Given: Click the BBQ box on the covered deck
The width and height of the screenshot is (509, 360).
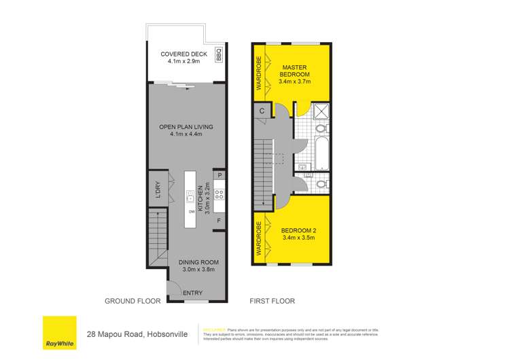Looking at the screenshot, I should (x=219, y=54).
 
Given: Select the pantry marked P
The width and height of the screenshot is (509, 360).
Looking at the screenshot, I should (x=219, y=176).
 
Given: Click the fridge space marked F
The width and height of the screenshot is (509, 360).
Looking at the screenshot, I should (x=219, y=221).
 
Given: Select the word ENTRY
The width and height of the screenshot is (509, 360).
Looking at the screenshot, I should (x=193, y=293).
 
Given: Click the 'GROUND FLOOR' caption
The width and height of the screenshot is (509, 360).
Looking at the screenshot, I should (x=132, y=301).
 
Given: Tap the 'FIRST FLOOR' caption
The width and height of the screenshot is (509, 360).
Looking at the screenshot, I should (x=266, y=301).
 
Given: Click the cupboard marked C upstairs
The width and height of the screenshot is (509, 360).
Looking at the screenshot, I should (x=262, y=111).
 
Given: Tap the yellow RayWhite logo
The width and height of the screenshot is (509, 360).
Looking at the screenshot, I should (x=59, y=333).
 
